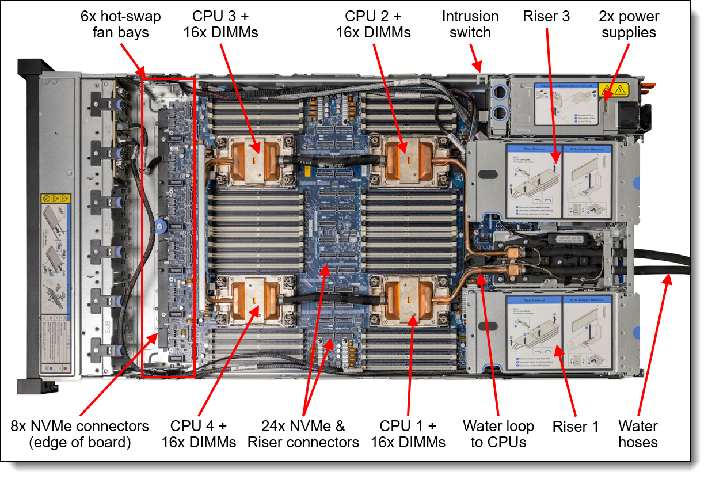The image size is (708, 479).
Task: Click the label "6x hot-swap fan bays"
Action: click(x=121, y=24)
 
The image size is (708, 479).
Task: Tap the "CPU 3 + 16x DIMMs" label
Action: click(x=221, y=24)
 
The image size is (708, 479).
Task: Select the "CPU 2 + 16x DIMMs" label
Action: click(x=374, y=24)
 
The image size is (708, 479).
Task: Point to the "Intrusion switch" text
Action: click(x=470, y=24)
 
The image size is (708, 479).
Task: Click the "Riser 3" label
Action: click(x=546, y=17)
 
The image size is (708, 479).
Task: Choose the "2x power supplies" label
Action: click(x=629, y=24)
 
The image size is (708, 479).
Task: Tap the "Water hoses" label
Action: click(x=638, y=434)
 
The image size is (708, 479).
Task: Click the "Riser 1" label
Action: click(x=576, y=427)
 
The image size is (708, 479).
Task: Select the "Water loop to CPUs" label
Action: click(x=498, y=434)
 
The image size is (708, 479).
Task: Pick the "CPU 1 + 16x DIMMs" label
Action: click(x=408, y=434)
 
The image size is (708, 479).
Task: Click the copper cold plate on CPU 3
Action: click(x=253, y=156)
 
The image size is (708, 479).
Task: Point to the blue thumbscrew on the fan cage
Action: click(x=160, y=222)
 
